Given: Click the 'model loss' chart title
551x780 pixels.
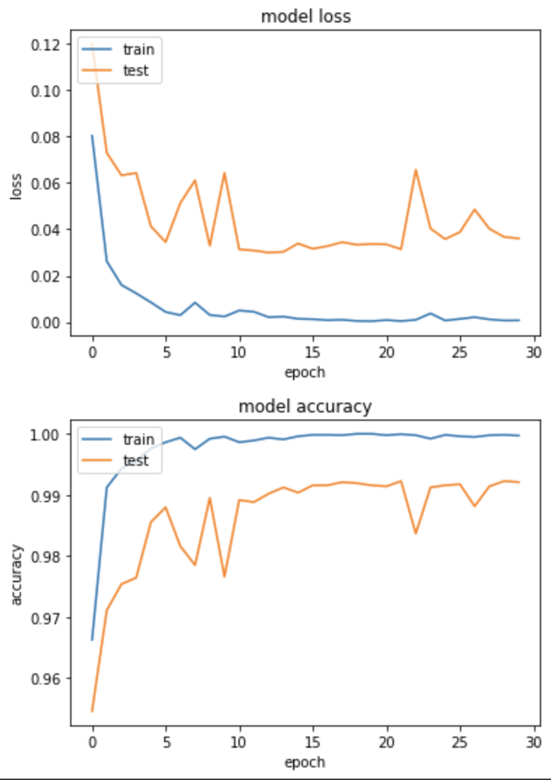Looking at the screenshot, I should [x=306, y=17].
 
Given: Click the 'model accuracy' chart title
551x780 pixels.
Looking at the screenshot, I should [x=305, y=406].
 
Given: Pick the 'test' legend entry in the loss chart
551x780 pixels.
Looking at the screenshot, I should [x=136, y=69].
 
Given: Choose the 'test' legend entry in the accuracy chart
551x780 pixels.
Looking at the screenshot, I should [x=136, y=460].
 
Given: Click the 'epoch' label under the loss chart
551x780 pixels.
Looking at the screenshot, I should [x=305, y=372].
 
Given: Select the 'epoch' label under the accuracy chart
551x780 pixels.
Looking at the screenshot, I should [x=305, y=762].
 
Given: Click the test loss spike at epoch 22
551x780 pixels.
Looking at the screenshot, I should [x=416, y=170].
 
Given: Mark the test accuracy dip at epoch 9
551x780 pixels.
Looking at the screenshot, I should [x=224, y=576].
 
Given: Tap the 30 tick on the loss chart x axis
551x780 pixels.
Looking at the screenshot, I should [x=533, y=352].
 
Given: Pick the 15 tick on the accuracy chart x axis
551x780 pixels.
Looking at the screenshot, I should [x=313, y=741].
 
